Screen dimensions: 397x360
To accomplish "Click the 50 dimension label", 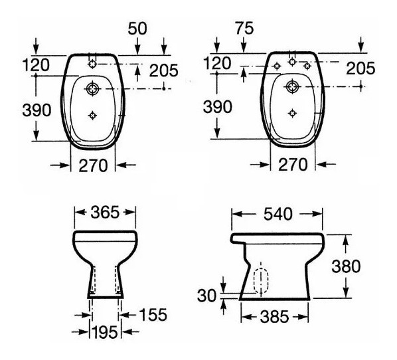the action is coord(137,29).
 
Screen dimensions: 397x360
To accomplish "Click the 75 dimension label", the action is coord(244,28).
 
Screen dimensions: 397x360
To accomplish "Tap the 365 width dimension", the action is coord(105,213).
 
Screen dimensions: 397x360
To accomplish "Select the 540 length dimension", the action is coord(278,214).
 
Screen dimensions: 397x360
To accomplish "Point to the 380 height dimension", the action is coord(346,266).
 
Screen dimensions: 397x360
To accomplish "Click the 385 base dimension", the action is coord(275,317).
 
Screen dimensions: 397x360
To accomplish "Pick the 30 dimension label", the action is coord(207,296).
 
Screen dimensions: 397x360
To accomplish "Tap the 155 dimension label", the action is coord(153,315).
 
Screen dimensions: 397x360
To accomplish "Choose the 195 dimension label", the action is coord(105,332).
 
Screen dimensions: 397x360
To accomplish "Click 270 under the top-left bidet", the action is coord(93,165).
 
